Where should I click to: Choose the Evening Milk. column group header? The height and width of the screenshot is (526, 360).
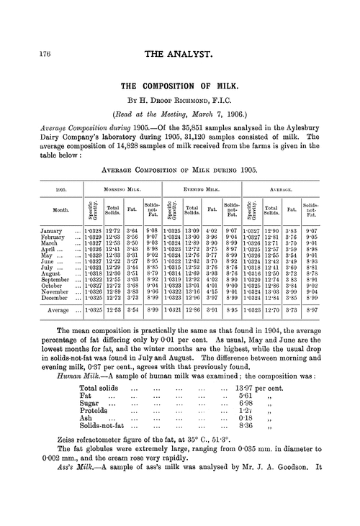202,192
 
